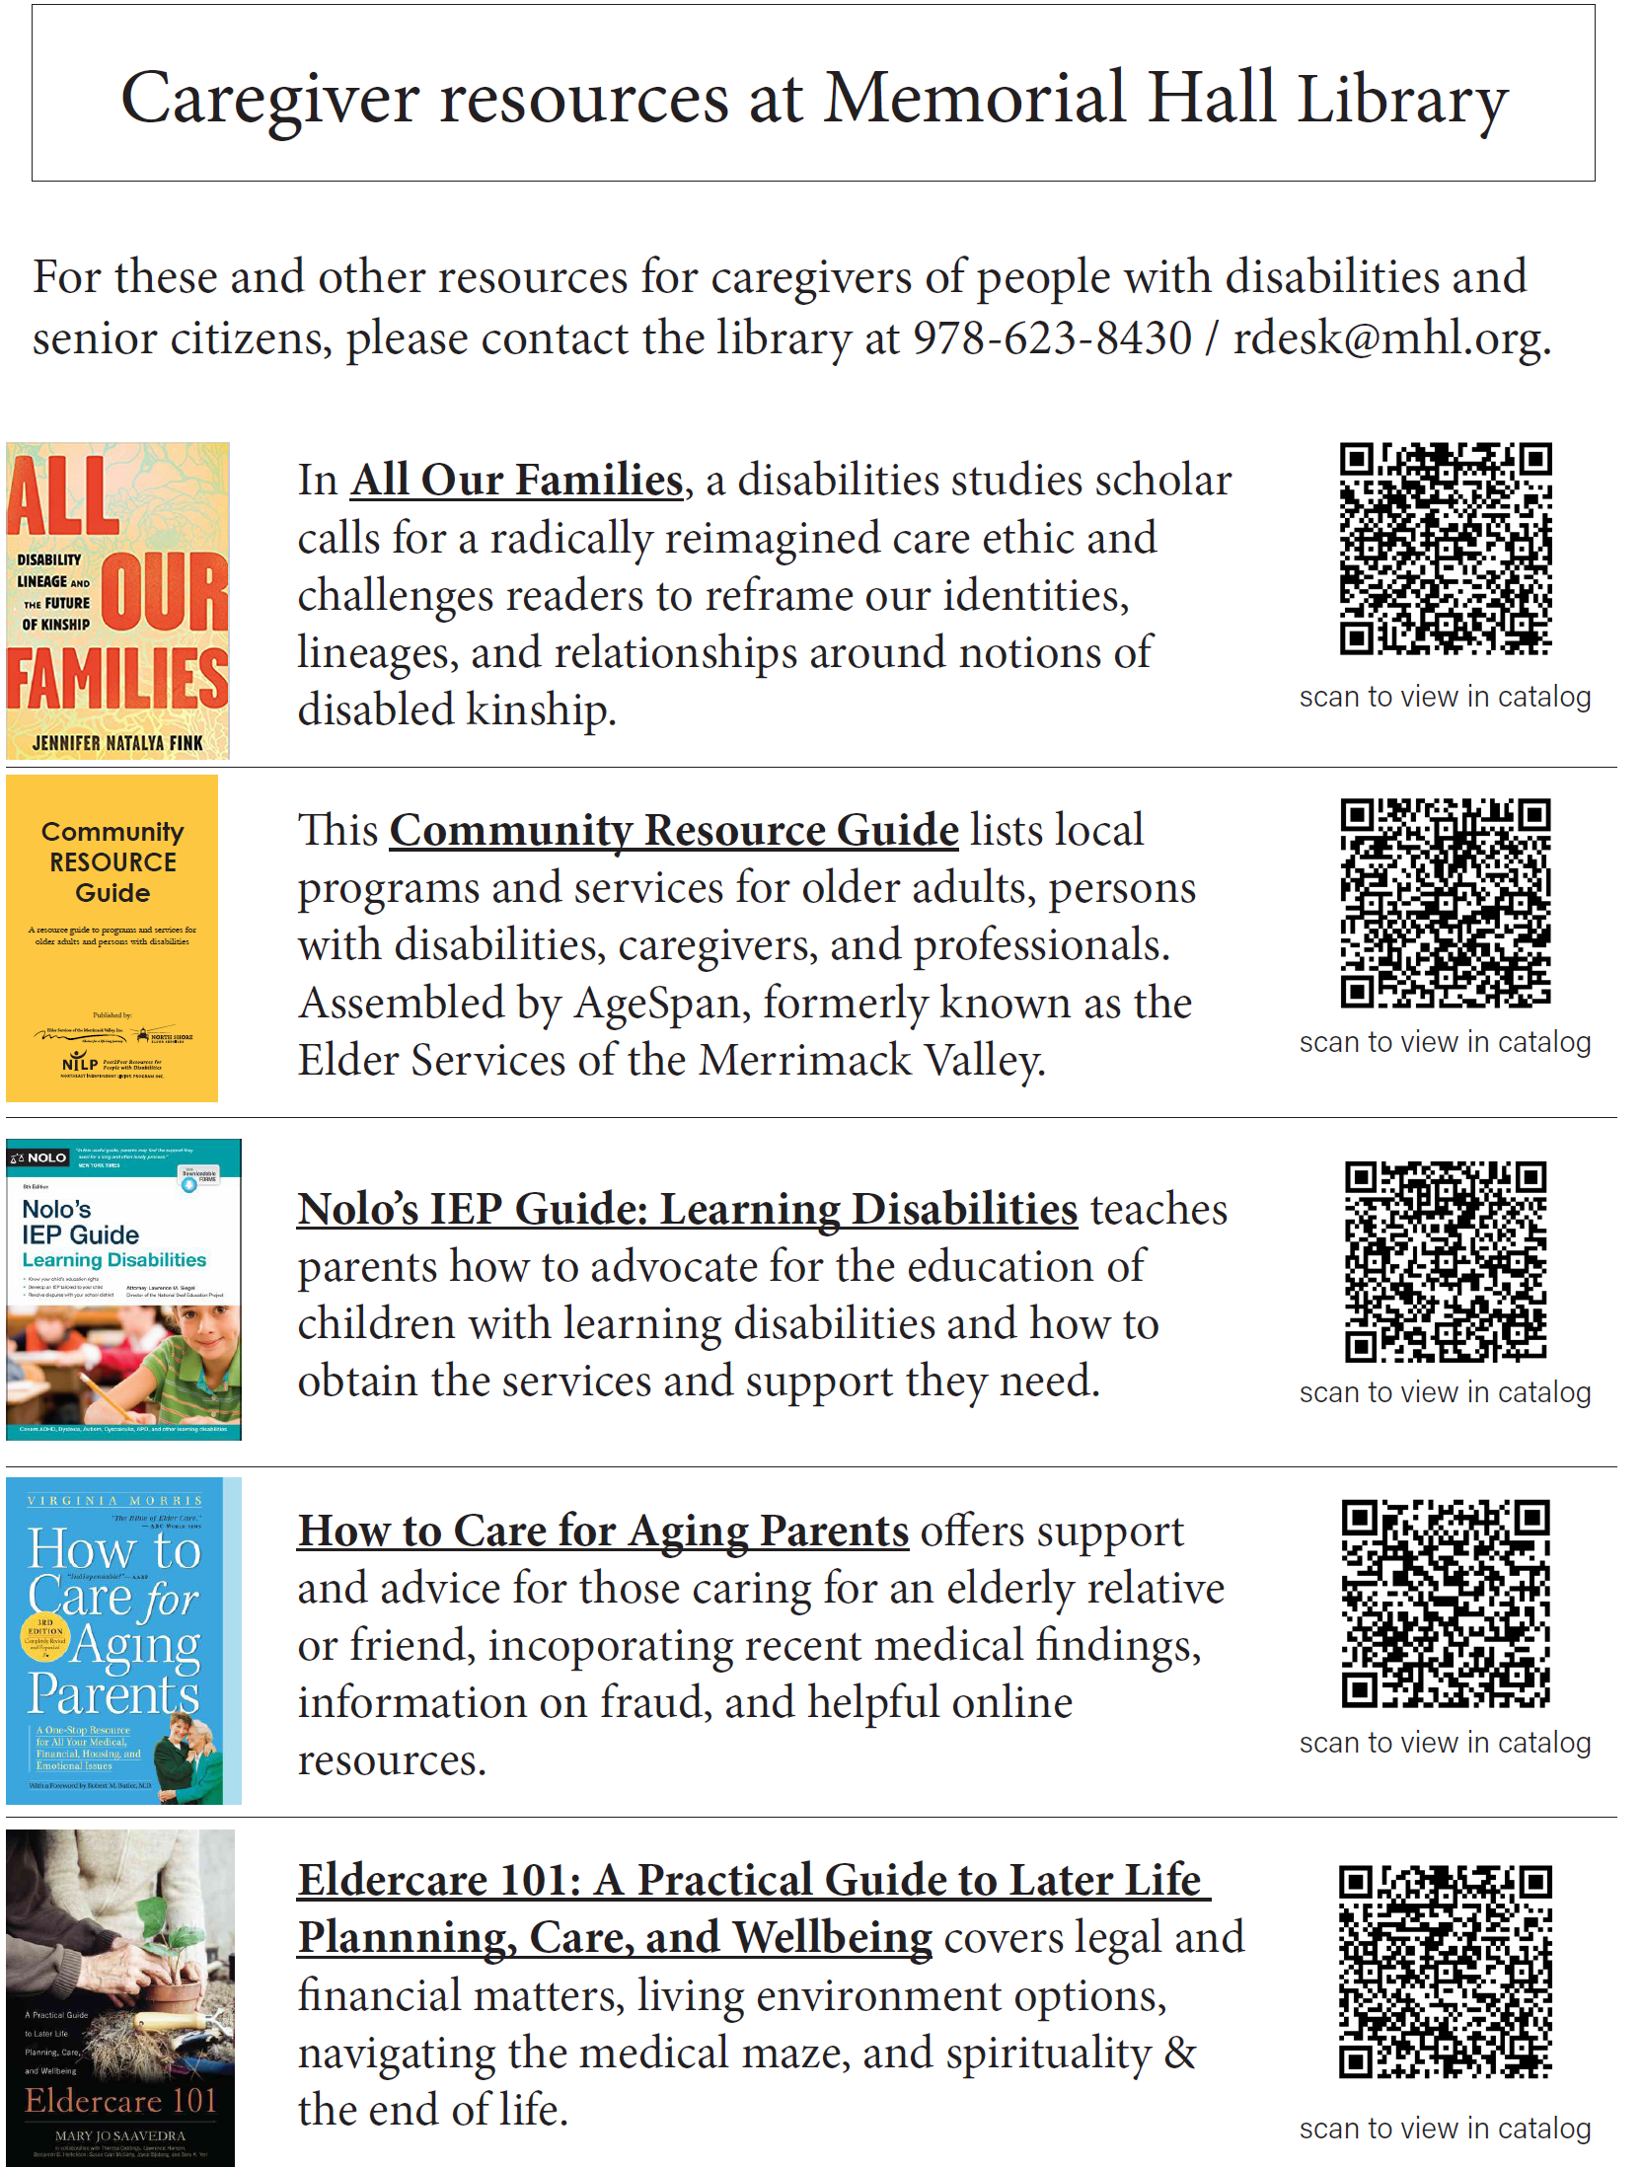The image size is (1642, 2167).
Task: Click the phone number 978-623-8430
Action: [1052, 338]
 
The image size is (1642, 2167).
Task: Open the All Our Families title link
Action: [516, 481]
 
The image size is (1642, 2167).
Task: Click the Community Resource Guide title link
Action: [674, 830]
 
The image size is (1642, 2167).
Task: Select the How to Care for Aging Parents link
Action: [603, 1531]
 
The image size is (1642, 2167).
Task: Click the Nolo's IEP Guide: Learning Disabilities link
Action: [687, 1209]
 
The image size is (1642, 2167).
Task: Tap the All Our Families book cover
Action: [117, 600]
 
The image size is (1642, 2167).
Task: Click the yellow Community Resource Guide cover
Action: [112, 937]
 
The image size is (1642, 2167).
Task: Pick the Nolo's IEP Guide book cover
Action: [123, 1289]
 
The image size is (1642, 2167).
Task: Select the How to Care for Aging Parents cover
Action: [123, 1640]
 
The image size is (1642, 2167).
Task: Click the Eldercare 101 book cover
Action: [120, 1997]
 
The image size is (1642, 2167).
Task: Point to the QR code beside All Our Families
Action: [1445, 549]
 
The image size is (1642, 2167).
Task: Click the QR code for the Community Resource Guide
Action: [1445, 902]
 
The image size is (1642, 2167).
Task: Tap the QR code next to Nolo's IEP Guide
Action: [1445, 1261]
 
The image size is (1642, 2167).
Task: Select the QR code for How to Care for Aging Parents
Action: [1445, 1603]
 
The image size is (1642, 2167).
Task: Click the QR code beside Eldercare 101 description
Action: [1445, 1972]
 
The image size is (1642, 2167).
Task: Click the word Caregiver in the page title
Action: [270, 99]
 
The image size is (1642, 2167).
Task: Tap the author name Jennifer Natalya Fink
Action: [117, 743]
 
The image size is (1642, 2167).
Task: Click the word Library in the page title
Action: [1402, 99]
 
